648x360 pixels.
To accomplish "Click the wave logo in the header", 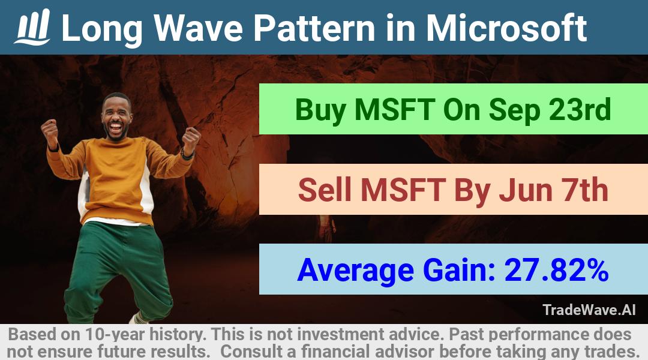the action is [x=32, y=27].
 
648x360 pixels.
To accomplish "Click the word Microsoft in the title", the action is [x=506, y=28].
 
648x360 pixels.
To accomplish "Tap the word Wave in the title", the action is [x=199, y=28].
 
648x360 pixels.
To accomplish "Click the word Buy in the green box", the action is [x=320, y=110].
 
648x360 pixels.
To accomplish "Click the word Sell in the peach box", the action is [x=325, y=190].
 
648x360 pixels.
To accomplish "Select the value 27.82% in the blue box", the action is [x=556, y=270].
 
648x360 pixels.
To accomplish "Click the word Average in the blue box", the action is [x=355, y=271].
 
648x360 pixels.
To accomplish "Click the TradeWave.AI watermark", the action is [x=589, y=310].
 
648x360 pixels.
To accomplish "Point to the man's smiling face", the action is [x=116, y=118].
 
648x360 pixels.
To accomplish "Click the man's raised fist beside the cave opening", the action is [x=191, y=139].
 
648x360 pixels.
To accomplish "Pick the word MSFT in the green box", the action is [x=394, y=110].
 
